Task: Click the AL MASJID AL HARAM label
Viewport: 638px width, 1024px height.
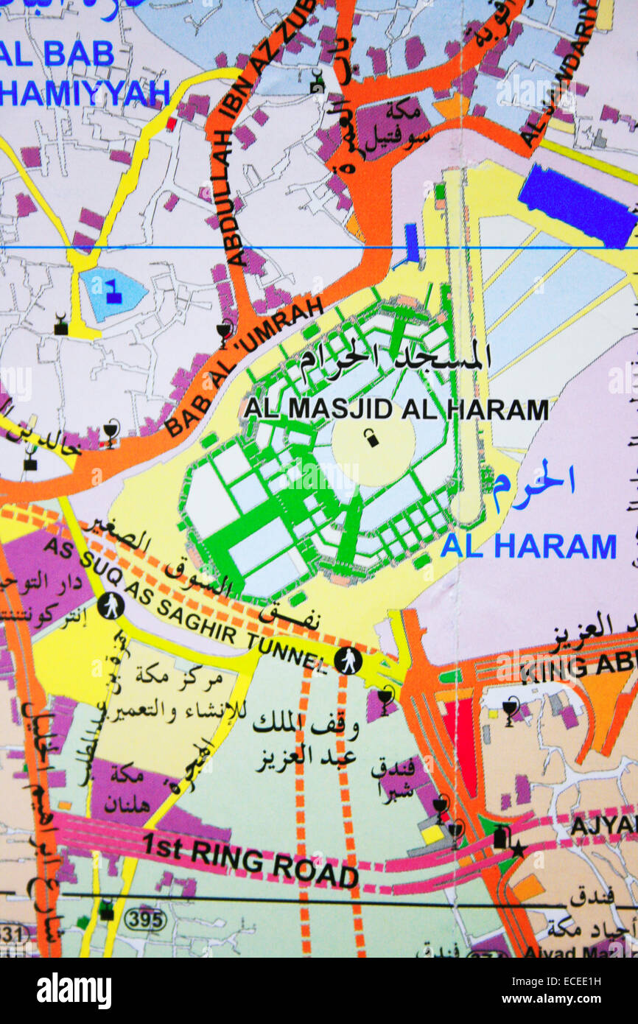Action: coord(396,410)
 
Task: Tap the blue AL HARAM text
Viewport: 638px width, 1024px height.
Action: coord(527,547)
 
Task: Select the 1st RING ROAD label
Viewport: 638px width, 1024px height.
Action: coord(250,858)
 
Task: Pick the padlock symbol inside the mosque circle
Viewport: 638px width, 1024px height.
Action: coord(371,439)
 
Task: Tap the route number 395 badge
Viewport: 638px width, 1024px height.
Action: coord(144,919)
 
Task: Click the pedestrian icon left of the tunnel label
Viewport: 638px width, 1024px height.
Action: coord(111,606)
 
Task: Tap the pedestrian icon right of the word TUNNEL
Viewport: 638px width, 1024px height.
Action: coord(348,660)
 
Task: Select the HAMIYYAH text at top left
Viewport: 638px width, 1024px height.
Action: coord(85,93)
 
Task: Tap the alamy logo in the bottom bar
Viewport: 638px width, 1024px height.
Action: coord(74,991)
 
